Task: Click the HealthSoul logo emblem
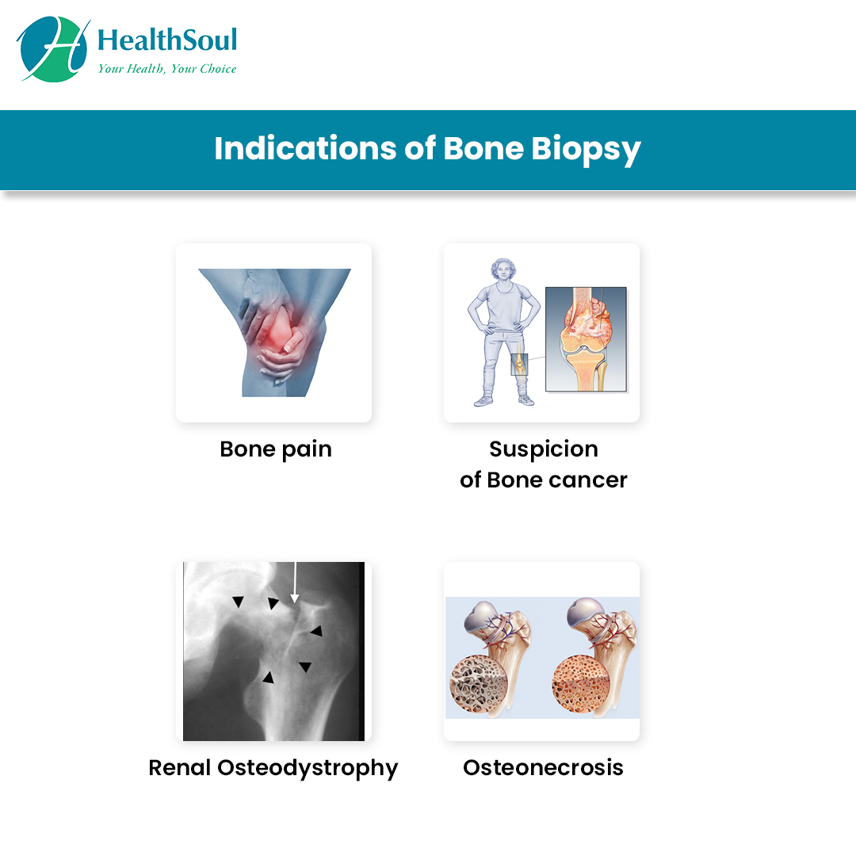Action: point(53,49)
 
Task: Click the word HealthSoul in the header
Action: point(167,40)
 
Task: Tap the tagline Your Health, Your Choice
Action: point(167,69)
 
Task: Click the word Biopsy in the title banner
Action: point(586,150)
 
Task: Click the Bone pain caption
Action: point(276,450)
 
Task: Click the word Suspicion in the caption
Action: point(544,450)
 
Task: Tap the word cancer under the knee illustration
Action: point(588,480)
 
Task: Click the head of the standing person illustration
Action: point(503,270)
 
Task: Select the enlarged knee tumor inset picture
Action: point(586,339)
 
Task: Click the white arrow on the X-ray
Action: point(295,583)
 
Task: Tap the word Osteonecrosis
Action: point(543,768)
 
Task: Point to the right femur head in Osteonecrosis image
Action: point(585,612)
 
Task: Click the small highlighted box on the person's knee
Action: point(519,364)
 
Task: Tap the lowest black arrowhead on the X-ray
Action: point(268,678)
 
